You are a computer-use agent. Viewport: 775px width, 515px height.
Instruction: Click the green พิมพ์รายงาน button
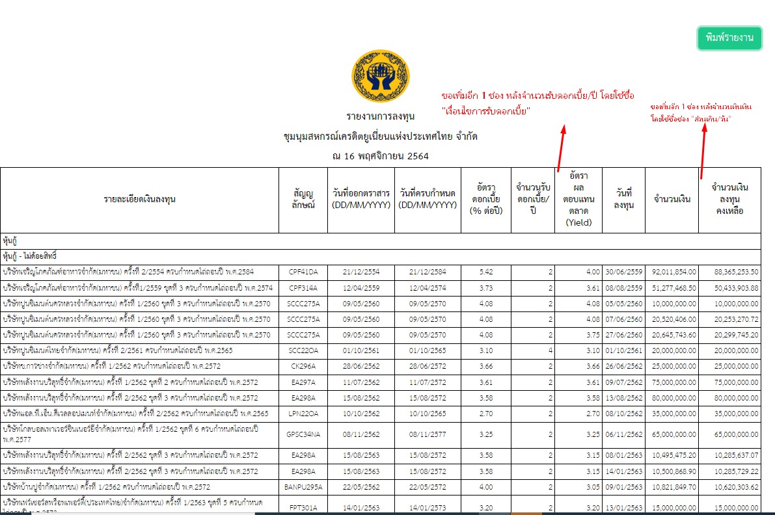[729, 38]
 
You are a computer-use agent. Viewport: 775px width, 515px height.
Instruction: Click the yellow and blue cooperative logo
[380, 76]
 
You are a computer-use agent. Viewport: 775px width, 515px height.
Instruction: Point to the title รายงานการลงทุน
[380, 117]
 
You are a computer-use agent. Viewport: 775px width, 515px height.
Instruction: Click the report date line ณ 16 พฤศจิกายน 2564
[380, 156]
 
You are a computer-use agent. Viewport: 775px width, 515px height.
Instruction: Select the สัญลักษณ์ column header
[303, 200]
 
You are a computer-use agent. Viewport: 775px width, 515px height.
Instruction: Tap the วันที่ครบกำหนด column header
[427, 200]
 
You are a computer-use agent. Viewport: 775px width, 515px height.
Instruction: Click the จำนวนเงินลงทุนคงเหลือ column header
[729, 200]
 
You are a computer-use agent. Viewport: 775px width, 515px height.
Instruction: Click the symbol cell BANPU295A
[303, 486]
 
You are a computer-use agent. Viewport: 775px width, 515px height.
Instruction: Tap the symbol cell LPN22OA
[303, 413]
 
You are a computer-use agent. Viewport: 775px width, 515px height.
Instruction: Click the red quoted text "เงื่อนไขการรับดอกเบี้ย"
[485, 111]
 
